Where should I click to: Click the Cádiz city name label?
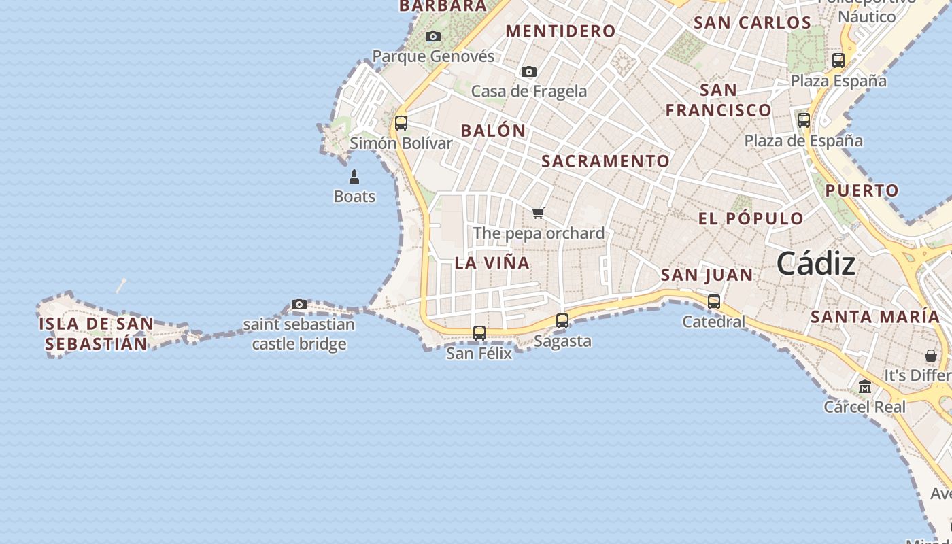click(815, 263)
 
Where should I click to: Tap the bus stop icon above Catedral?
click(714, 302)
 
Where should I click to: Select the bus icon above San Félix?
click(479, 333)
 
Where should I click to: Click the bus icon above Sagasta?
click(562, 321)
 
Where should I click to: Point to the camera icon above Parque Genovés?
click(433, 37)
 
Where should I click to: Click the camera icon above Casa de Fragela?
click(529, 71)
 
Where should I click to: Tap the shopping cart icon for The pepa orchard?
click(539, 214)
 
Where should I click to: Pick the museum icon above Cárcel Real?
click(865, 387)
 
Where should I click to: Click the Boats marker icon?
click(354, 177)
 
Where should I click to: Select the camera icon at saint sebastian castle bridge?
click(299, 304)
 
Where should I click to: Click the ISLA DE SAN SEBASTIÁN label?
click(96, 333)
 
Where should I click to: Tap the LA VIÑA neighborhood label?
click(492, 263)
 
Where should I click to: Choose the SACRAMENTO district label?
click(605, 161)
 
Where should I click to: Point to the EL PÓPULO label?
click(751, 219)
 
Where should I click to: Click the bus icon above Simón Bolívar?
click(401, 123)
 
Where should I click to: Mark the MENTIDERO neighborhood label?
click(561, 31)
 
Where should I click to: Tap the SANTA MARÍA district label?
click(875, 317)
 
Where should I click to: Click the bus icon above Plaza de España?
click(804, 120)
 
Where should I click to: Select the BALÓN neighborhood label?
click(494, 131)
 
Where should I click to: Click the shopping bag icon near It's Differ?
click(931, 356)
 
